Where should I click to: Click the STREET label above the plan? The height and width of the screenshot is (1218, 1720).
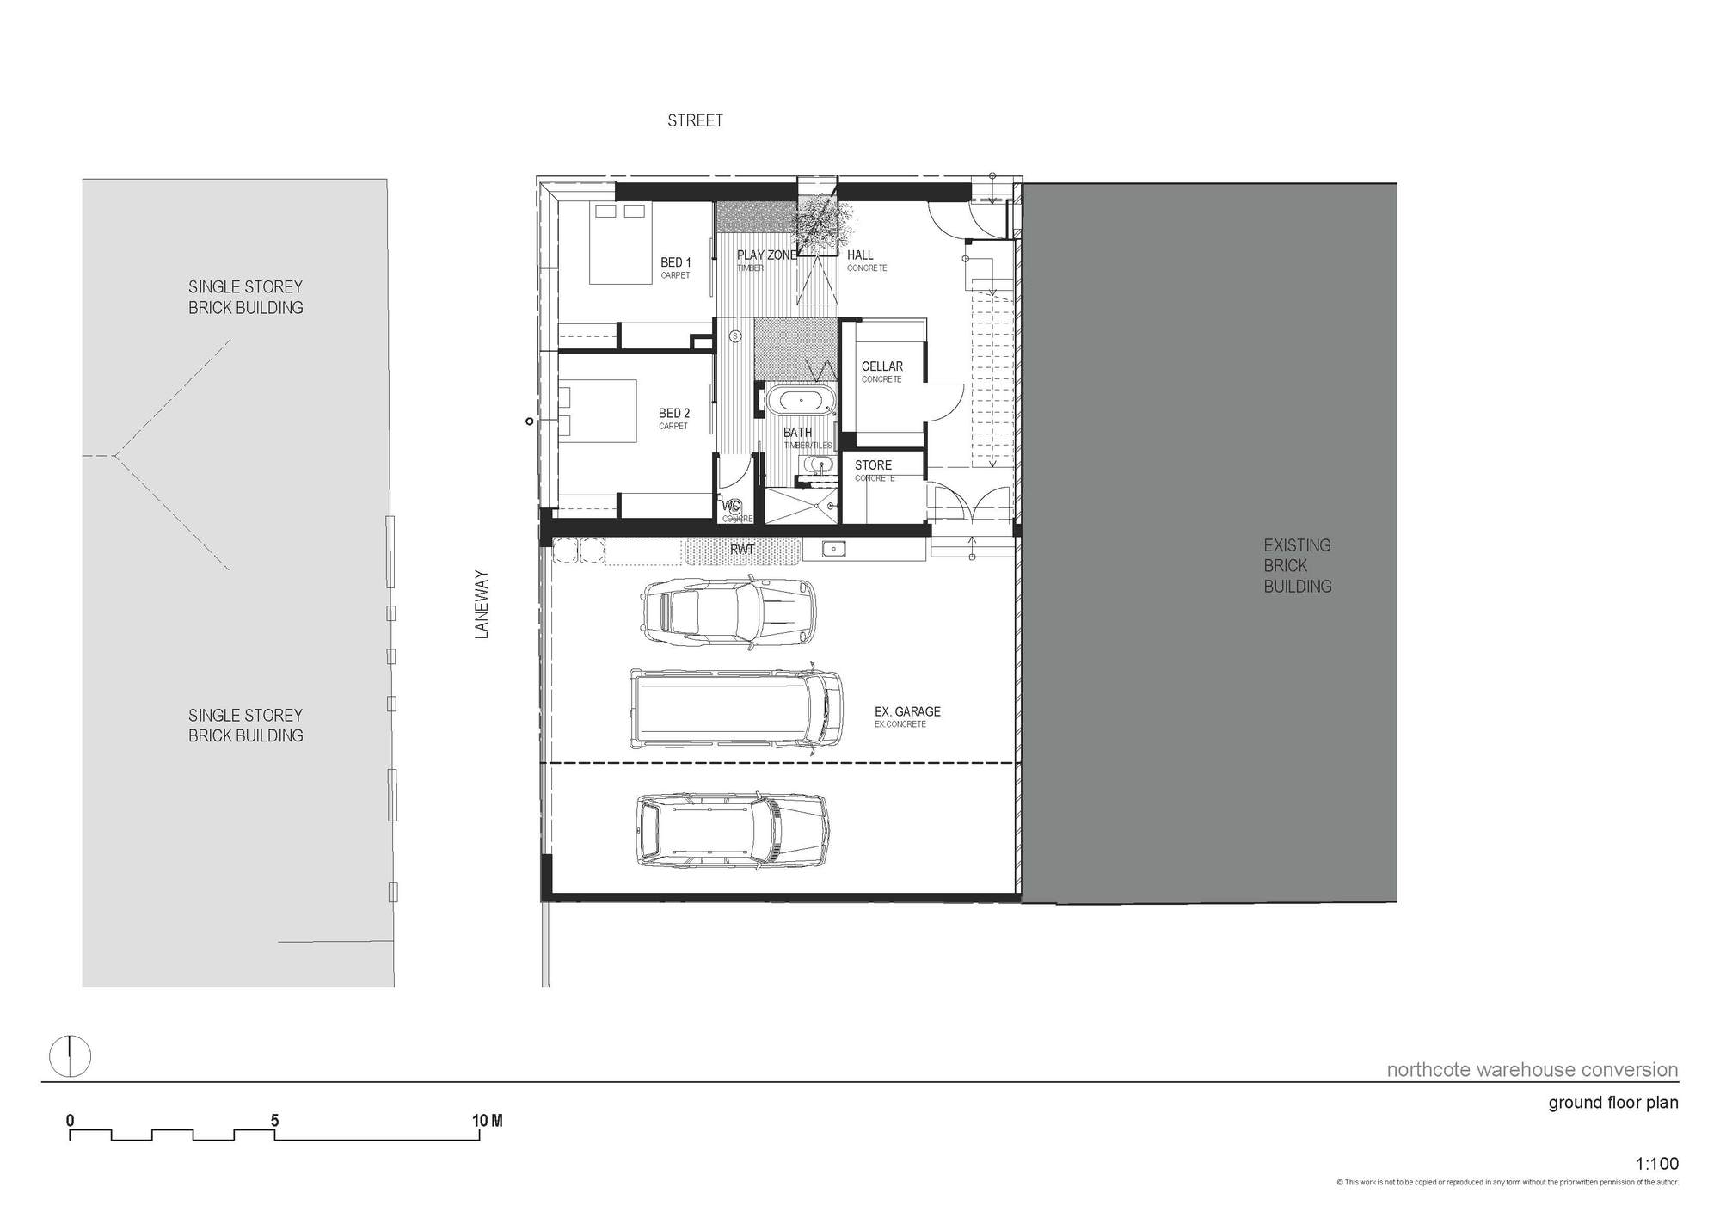click(x=695, y=121)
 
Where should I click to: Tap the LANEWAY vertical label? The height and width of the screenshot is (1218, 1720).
click(x=482, y=604)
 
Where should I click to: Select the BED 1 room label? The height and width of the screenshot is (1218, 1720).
click(x=675, y=262)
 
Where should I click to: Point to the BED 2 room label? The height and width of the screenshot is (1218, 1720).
click(x=674, y=414)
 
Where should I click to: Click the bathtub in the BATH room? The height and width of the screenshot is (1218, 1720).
click(x=800, y=400)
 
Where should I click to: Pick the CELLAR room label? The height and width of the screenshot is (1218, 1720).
click(x=881, y=366)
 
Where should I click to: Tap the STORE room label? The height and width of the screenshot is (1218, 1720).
click(x=873, y=465)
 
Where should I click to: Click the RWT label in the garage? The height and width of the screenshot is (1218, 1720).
click(x=741, y=549)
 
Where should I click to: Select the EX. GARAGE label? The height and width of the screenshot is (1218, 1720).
click(x=906, y=711)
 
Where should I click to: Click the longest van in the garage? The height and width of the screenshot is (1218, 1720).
click(x=736, y=707)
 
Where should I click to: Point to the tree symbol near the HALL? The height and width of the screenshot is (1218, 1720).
click(x=820, y=223)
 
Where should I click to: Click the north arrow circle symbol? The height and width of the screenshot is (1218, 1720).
click(x=70, y=1056)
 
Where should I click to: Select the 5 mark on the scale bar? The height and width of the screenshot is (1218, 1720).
click(x=274, y=1121)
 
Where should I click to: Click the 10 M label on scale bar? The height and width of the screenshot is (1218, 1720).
click(x=487, y=1121)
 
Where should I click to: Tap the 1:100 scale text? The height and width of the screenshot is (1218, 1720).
click(x=1656, y=1164)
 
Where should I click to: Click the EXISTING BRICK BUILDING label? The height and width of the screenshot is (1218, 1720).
click(x=1297, y=566)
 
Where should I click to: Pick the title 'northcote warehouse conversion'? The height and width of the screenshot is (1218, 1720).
click(x=1532, y=1070)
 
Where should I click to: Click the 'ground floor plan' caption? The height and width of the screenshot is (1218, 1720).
click(x=1612, y=1103)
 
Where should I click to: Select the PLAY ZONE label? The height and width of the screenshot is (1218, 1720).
click(x=766, y=255)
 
